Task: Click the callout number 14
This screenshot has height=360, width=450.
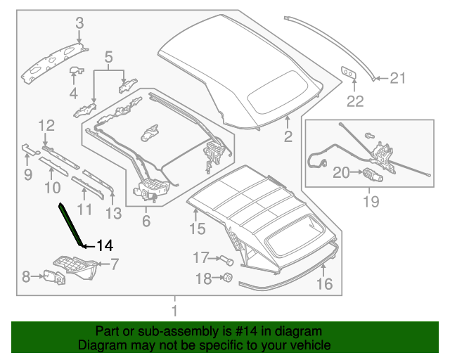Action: (105, 245)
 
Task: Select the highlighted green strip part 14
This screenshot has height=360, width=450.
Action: (70, 224)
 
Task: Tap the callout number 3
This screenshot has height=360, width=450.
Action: (79, 22)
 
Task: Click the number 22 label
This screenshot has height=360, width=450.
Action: (355, 101)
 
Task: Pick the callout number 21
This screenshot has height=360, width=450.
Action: (398, 79)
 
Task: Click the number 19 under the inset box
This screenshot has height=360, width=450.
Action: (370, 202)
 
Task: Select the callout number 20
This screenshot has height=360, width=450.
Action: (341, 172)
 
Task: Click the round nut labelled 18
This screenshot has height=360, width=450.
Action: (227, 278)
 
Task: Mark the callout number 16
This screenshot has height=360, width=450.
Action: (324, 284)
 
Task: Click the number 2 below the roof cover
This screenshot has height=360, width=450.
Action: (288, 137)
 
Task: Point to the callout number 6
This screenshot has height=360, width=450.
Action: (146, 221)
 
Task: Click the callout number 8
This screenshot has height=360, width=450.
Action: (26, 277)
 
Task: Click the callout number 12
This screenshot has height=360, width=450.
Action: (46, 126)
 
